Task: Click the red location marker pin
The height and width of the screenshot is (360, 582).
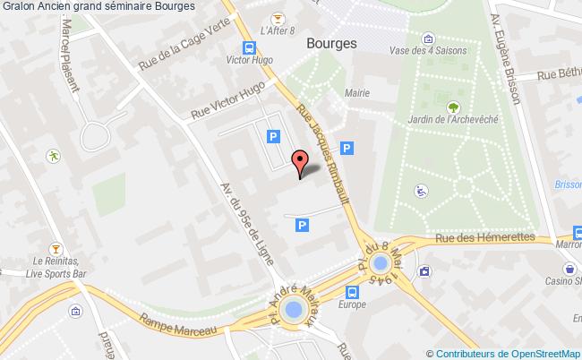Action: (x=300, y=163)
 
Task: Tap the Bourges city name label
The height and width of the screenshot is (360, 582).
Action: (x=331, y=43)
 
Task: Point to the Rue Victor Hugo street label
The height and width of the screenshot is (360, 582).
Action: (x=228, y=100)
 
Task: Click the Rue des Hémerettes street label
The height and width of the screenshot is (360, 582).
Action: (x=484, y=239)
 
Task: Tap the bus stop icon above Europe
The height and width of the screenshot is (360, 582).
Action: (x=353, y=291)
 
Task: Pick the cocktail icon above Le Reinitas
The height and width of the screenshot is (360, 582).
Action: (x=56, y=247)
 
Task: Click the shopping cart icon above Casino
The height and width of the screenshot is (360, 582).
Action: (x=569, y=268)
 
